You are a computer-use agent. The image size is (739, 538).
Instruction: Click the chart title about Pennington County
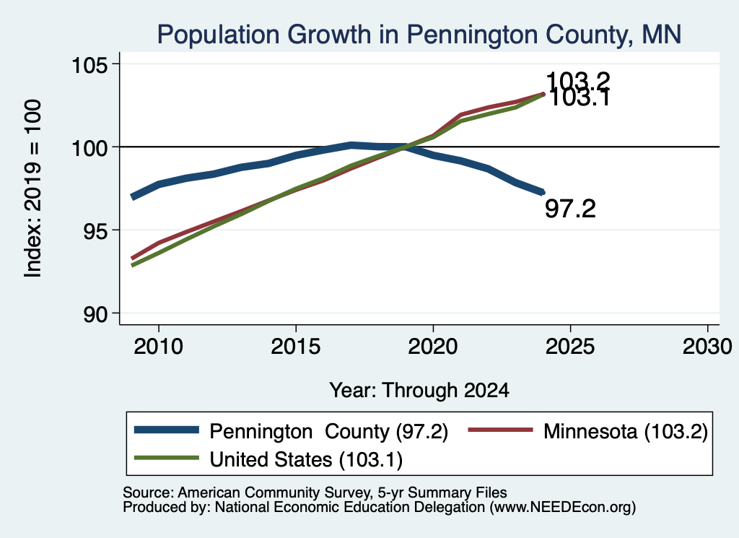(x=419, y=35)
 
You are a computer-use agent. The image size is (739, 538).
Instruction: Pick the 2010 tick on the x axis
(x=158, y=347)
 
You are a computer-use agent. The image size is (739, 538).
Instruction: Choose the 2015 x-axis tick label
(x=295, y=347)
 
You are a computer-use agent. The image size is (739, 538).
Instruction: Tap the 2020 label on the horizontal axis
(x=433, y=347)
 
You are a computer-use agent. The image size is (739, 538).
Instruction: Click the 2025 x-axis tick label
(x=570, y=347)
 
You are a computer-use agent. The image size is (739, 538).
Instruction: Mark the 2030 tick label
(x=707, y=347)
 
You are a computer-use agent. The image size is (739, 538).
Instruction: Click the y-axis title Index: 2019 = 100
(x=33, y=188)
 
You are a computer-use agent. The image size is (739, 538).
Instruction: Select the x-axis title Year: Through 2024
(x=419, y=391)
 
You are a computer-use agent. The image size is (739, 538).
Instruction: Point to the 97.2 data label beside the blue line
(x=570, y=209)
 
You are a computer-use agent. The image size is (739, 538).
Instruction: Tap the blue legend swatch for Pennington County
(x=167, y=430)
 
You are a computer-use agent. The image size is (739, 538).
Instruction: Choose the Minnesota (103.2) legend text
(x=626, y=431)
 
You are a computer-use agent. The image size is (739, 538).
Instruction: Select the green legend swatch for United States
(x=167, y=457)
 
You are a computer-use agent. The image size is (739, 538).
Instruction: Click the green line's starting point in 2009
(x=132, y=266)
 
